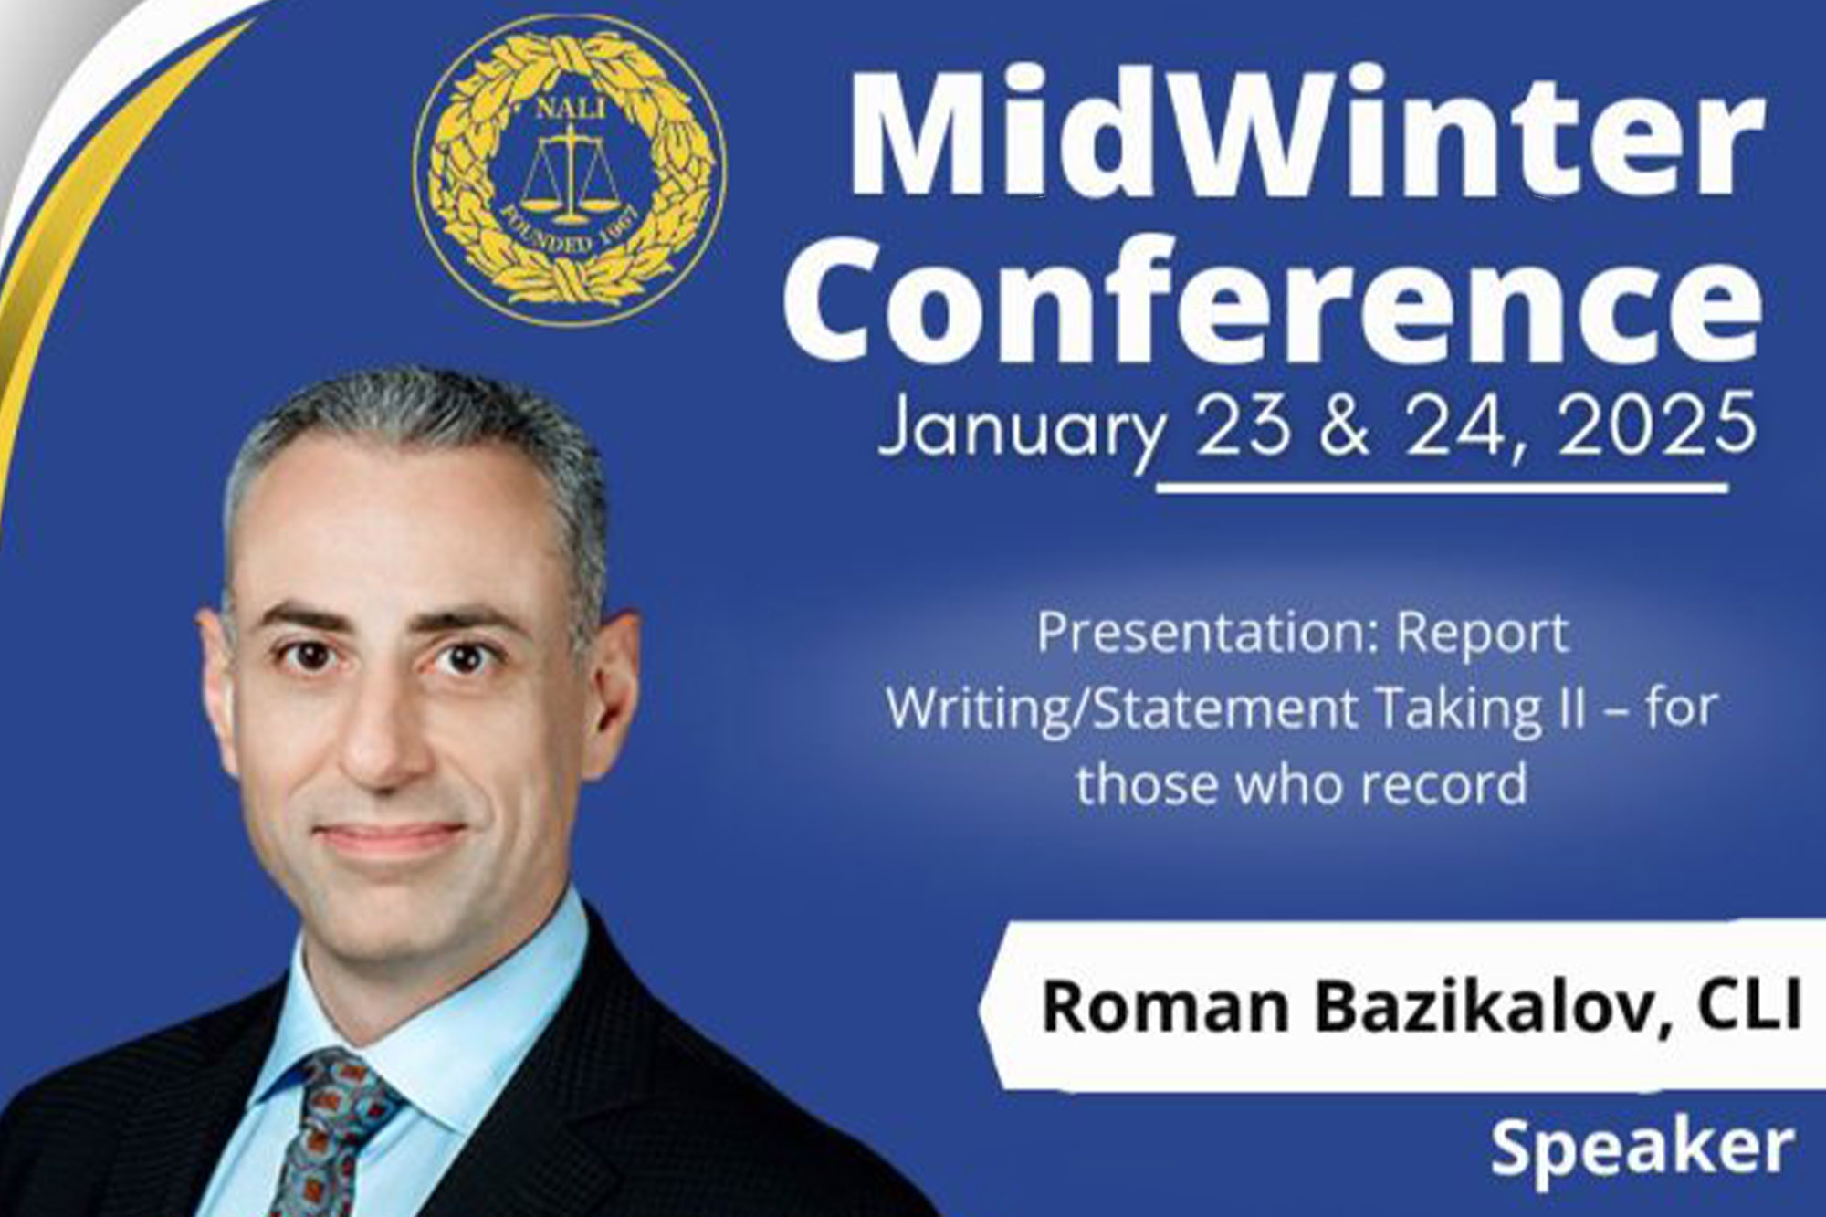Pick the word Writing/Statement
click(x=1122, y=708)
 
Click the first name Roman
click(x=1164, y=1006)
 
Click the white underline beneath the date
click(x=1443, y=489)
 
